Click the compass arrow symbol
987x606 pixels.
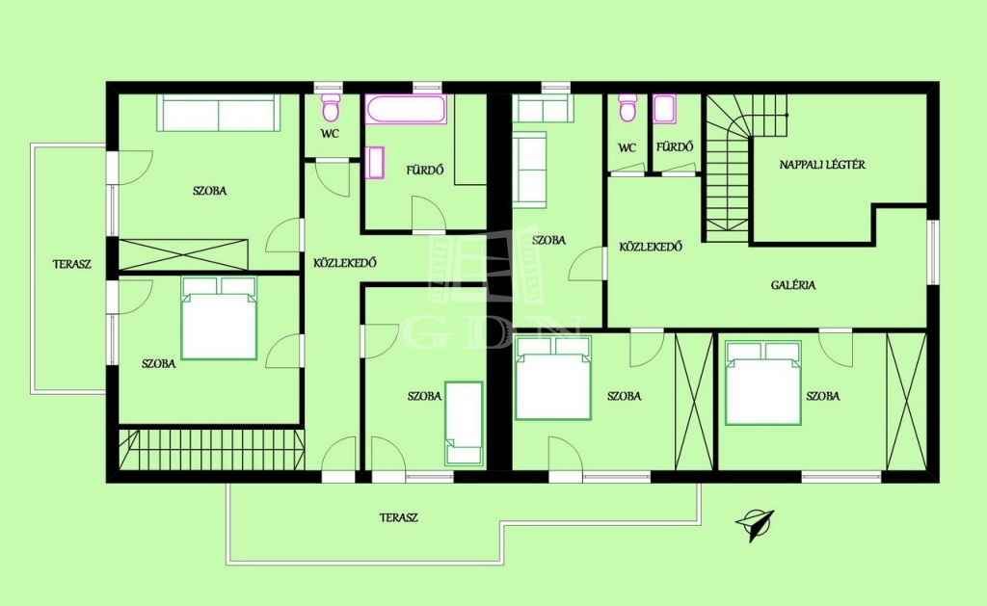[x=755, y=524]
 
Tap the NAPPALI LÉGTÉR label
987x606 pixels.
[x=822, y=165]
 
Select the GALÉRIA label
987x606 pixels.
[x=793, y=285]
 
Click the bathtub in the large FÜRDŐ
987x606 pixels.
[x=407, y=109]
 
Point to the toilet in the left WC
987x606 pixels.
[x=331, y=108]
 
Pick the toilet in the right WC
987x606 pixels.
[x=627, y=108]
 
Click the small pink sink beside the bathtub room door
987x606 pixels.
[x=375, y=163]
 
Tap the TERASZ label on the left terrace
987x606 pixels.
[x=71, y=264]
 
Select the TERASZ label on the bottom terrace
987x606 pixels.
[x=398, y=518]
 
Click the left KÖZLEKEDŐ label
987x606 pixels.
[x=345, y=263]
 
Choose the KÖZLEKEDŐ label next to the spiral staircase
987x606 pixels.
[x=651, y=247]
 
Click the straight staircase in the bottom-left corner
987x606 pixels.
[x=211, y=449]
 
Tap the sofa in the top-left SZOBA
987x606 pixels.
[x=218, y=114]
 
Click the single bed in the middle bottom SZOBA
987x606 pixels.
[x=464, y=424]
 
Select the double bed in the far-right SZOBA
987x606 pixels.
[x=763, y=382]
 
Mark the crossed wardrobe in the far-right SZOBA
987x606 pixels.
[x=906, y=401]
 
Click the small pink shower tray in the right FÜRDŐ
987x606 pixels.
[x=664, y=109]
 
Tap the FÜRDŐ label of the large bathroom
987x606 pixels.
[x=424, y=170]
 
